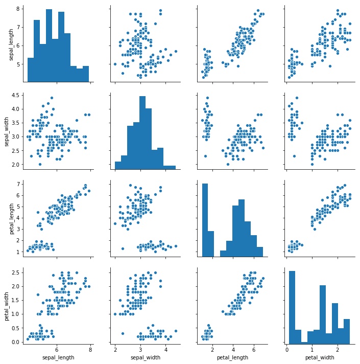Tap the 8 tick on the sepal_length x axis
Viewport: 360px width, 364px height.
[x=90, y=350]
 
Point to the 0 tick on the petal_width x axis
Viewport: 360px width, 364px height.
[x=287, y=350]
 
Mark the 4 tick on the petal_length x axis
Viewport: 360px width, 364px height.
[x=233, y=350]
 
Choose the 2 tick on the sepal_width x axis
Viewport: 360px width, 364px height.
[x=115, y=350]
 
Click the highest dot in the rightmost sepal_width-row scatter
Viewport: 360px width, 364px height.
[x=297, y=98]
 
